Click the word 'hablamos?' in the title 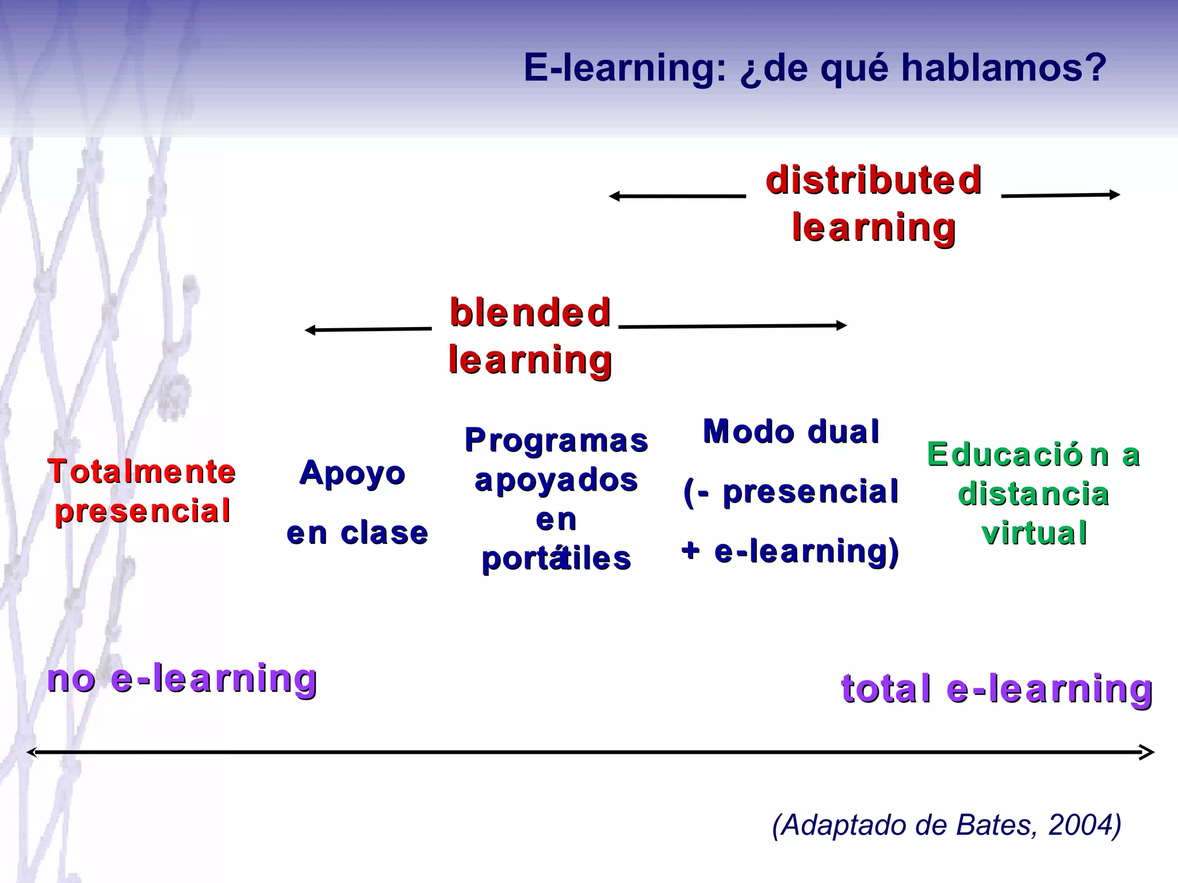(x=1004, y=68)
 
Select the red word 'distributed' (x=873, y=180)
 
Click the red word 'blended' (x=530, y=313)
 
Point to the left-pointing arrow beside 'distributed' (x=677, y=196)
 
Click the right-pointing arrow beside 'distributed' (x=1061, y=195)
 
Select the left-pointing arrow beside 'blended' (x=368, y=329)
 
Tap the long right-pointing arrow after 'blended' (x=732, y=326)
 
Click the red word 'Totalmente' (x=141, y=472)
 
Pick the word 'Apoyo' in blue (x=352, y=473)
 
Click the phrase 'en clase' (x=357, y=533)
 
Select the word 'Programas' (x=556, y=440)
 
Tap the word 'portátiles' (x=556, y=558)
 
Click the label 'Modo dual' (x=791, y=431)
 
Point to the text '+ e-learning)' (x=790, y=551)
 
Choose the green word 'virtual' (x=1034, y=533)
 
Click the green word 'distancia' (x=1033, y=494)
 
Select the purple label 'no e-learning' (x=182, y=678)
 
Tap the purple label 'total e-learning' (x=996, y=688)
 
